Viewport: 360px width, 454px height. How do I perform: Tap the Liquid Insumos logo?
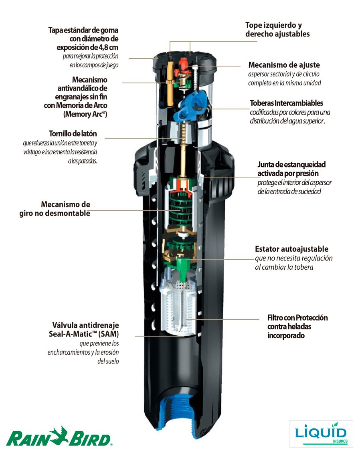(321, 434)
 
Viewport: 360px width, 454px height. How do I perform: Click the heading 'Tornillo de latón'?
(73, 134)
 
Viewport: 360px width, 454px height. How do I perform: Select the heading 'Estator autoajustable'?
(291, 249)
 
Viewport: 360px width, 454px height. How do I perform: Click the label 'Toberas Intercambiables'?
(286, 103)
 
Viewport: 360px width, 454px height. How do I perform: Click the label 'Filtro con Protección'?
(297, 318)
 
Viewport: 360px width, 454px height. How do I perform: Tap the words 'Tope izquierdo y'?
(273, 25)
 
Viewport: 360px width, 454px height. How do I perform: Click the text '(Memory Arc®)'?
(85, 114)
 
